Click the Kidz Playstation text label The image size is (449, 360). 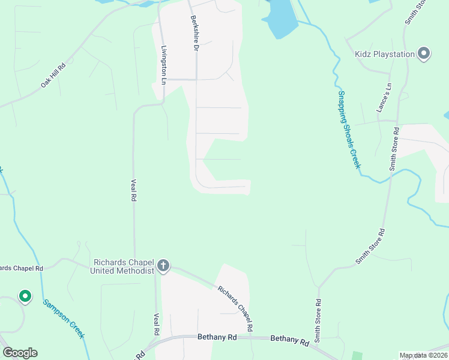tap(385, 55)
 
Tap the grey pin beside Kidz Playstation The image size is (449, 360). tap(424, 54)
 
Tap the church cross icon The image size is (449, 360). tap(163, 266)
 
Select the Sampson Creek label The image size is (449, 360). tap(63, 318)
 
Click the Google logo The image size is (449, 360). tap(20, 353)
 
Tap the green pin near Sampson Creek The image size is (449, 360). tap(25, 296)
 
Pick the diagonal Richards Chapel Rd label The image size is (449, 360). tap(235, 308)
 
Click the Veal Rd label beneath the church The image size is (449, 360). tap(156, 324)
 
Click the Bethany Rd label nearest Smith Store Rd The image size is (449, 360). tap(289, 340)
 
